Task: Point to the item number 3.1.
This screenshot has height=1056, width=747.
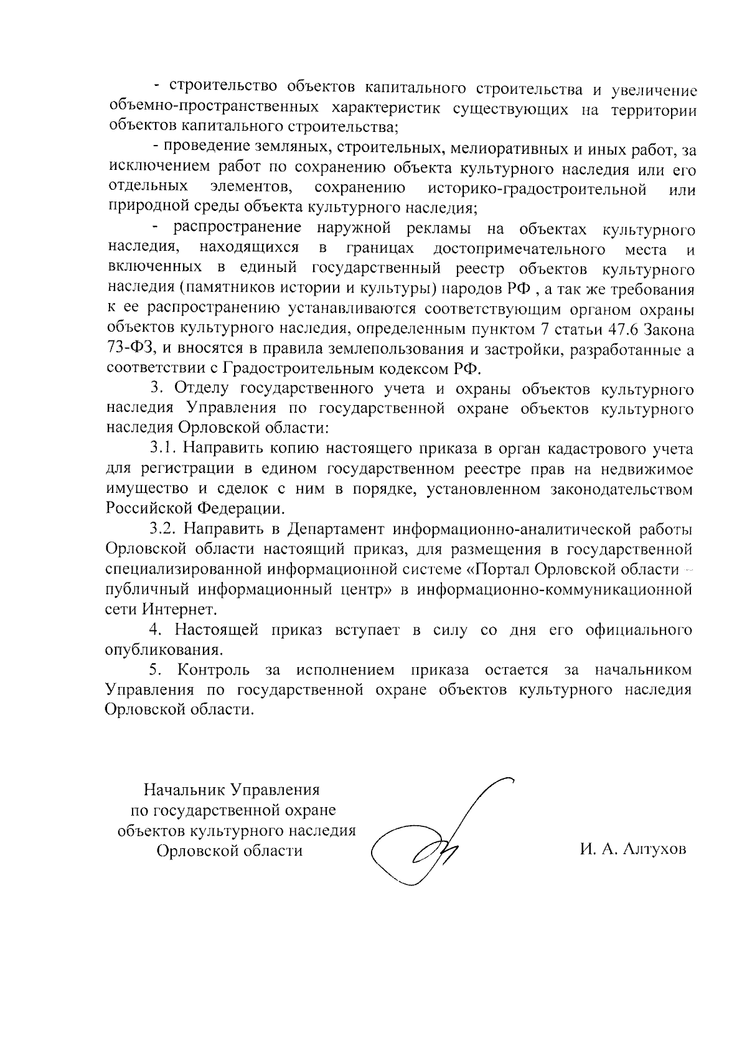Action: [x=164, y=448]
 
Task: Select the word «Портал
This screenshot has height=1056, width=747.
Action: [x=499, y=569]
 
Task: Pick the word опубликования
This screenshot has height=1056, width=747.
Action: [x=164, y=650]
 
